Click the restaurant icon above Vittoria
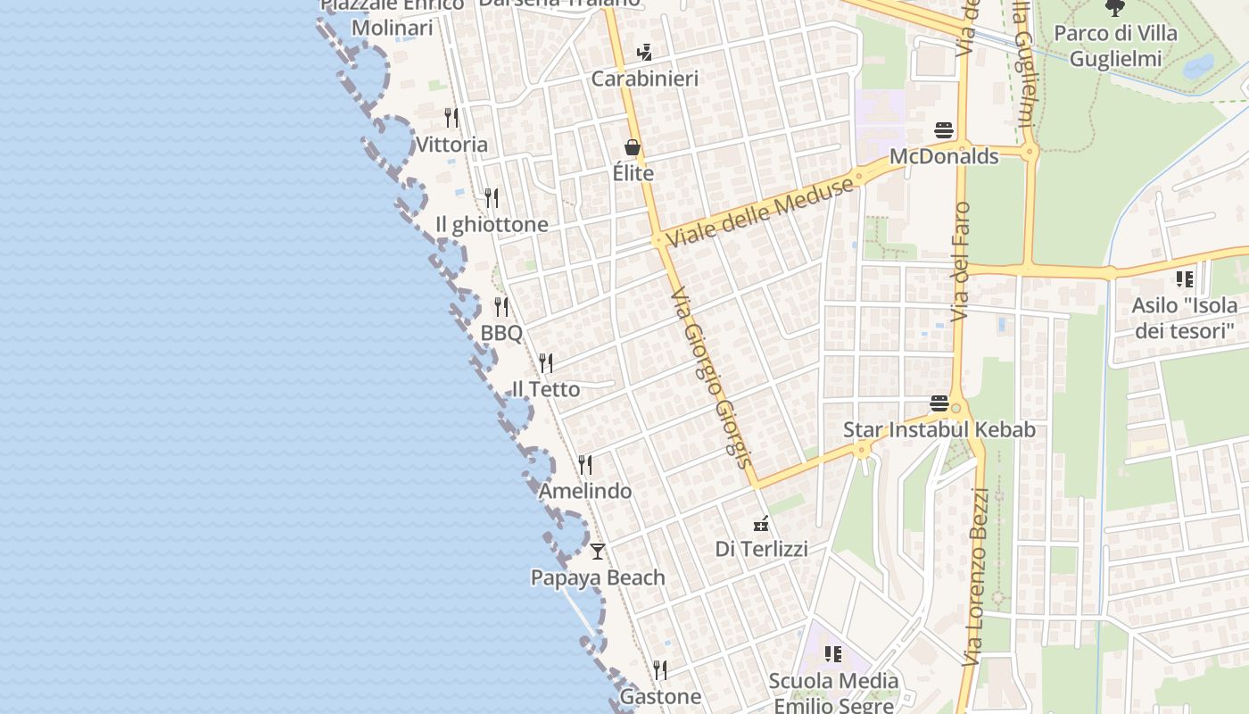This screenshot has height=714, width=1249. (451, 118)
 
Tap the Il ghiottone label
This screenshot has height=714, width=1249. (492, 224)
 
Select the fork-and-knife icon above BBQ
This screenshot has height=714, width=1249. (501, 307)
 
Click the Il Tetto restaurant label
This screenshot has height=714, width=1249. (545, 389)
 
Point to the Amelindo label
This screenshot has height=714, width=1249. (584, 491)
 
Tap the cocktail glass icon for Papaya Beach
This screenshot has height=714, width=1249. (598, 551)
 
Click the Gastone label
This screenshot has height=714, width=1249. (660, 696)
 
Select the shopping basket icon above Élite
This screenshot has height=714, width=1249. (633, 147)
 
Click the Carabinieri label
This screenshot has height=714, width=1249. (644, 79)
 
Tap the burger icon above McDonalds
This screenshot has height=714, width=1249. (944, 130)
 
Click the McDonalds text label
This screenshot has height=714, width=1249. (944, 156)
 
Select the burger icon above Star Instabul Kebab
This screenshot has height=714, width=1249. (939, 403)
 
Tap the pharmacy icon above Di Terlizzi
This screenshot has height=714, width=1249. (761, 523)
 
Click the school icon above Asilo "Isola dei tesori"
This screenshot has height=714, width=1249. (1185, 279)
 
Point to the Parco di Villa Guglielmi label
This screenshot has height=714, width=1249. (1115, 46)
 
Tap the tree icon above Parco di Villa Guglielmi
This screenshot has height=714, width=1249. (1114, 9)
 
